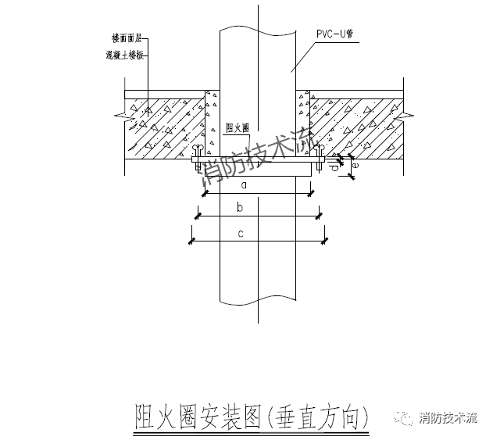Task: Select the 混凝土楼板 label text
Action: click(x=125, y=55)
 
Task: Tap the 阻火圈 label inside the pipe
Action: click(x=236, y=128)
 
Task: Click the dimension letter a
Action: click(x=244, y=185)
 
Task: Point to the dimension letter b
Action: click(x=241, y=207)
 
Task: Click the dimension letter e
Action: click(x=355, y=165)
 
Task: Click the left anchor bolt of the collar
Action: click(x=197, y=161)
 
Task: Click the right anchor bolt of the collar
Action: click(x=320, y=161)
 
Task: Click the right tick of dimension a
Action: click(x=312, y=193)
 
